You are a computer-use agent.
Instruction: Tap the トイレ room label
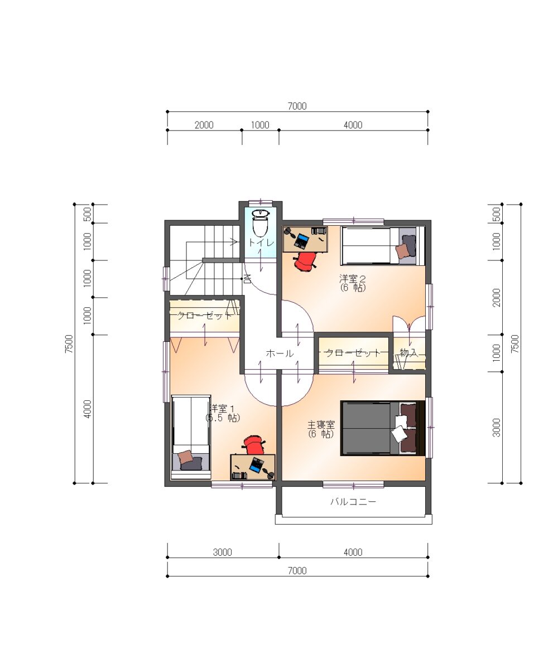pos(261,243)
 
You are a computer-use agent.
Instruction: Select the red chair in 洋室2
pos(305,261)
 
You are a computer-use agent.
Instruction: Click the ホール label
pos(280,353)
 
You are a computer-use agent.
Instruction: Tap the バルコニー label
pos(353,501)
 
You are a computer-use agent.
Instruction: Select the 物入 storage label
pos(409,352)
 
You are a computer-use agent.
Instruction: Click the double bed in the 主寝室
pos(383,428)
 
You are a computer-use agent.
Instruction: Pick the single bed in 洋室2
pos(383,246)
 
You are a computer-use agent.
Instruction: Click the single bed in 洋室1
pos(191,437)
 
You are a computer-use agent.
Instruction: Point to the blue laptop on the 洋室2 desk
pos(302,240)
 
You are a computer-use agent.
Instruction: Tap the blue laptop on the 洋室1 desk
pos(257,464)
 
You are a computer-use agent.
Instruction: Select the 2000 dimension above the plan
pos(204,125)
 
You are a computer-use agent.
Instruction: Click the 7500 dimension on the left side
pos(69,344)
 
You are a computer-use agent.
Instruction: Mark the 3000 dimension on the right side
pos(497,428)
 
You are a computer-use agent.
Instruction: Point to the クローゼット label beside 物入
pos(353,353)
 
